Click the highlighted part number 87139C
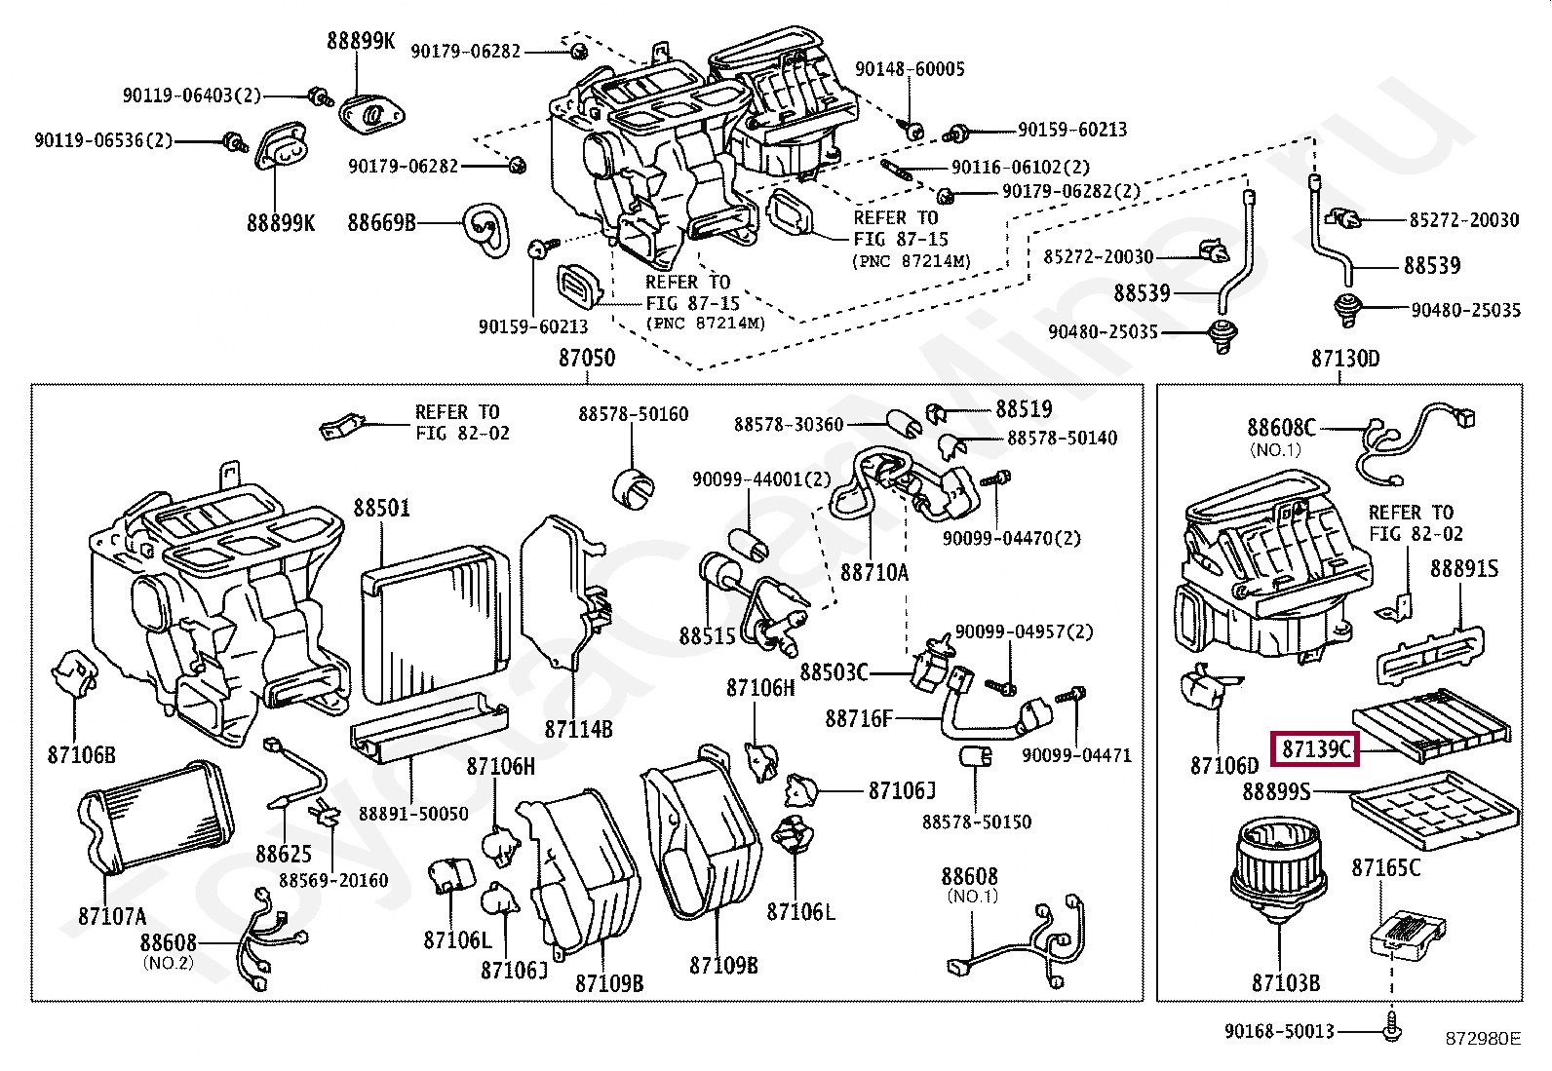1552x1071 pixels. [1315, 748]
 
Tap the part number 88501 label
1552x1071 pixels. [382, 508]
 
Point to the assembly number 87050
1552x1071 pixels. [587, 358]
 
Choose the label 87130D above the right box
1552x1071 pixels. [1345, 358]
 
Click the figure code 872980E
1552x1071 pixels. [1482, 1039]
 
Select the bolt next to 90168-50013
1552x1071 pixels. [1393, 1027]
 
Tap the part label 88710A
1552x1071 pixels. [874, 573]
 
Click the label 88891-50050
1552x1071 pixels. [413, 814]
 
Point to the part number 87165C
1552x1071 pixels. [1385, 867]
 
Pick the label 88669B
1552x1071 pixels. [381, 223]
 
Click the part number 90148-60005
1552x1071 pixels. [910, 69]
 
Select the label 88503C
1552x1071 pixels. [834, 672]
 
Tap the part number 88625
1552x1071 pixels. [284, 854]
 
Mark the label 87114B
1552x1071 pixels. [578, 729]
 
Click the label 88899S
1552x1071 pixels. [1276, 792]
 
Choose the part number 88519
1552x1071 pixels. [1024, 409]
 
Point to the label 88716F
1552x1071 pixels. [859, 718]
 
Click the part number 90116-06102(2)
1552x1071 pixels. [1021, 168]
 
